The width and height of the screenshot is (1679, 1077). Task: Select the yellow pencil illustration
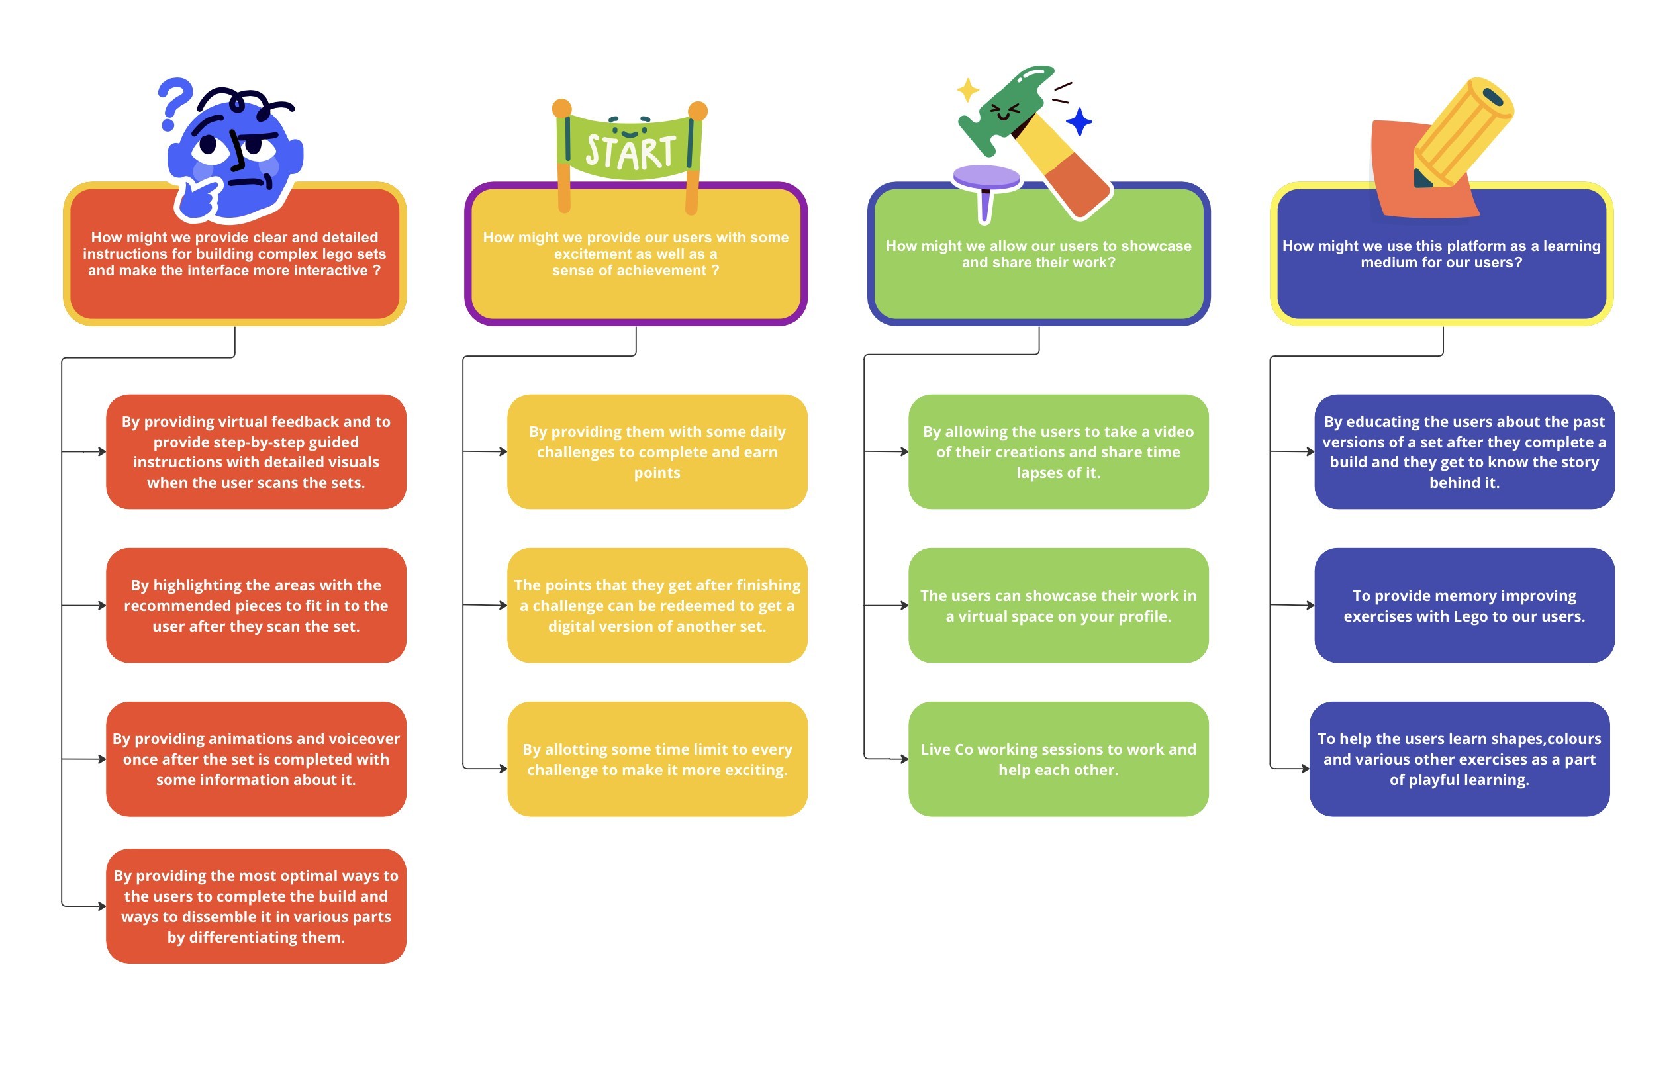1462,133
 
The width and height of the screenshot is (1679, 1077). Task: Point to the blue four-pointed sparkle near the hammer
1079,122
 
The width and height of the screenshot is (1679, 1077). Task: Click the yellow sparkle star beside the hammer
968,90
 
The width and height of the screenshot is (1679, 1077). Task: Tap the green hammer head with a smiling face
1008,109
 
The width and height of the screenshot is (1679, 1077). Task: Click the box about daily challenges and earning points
657,451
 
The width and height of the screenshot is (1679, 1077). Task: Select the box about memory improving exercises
1464,606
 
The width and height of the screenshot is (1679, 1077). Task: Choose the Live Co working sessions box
1058,759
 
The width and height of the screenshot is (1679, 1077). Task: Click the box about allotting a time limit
657,759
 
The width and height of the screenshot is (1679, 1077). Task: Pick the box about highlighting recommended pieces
256,606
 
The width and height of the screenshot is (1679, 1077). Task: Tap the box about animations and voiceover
256,759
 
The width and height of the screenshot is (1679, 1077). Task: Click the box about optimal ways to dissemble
256,906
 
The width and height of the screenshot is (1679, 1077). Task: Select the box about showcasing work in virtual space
1058,606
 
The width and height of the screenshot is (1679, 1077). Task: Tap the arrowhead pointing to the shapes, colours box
1305,769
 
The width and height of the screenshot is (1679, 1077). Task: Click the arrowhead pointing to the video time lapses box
904,451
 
